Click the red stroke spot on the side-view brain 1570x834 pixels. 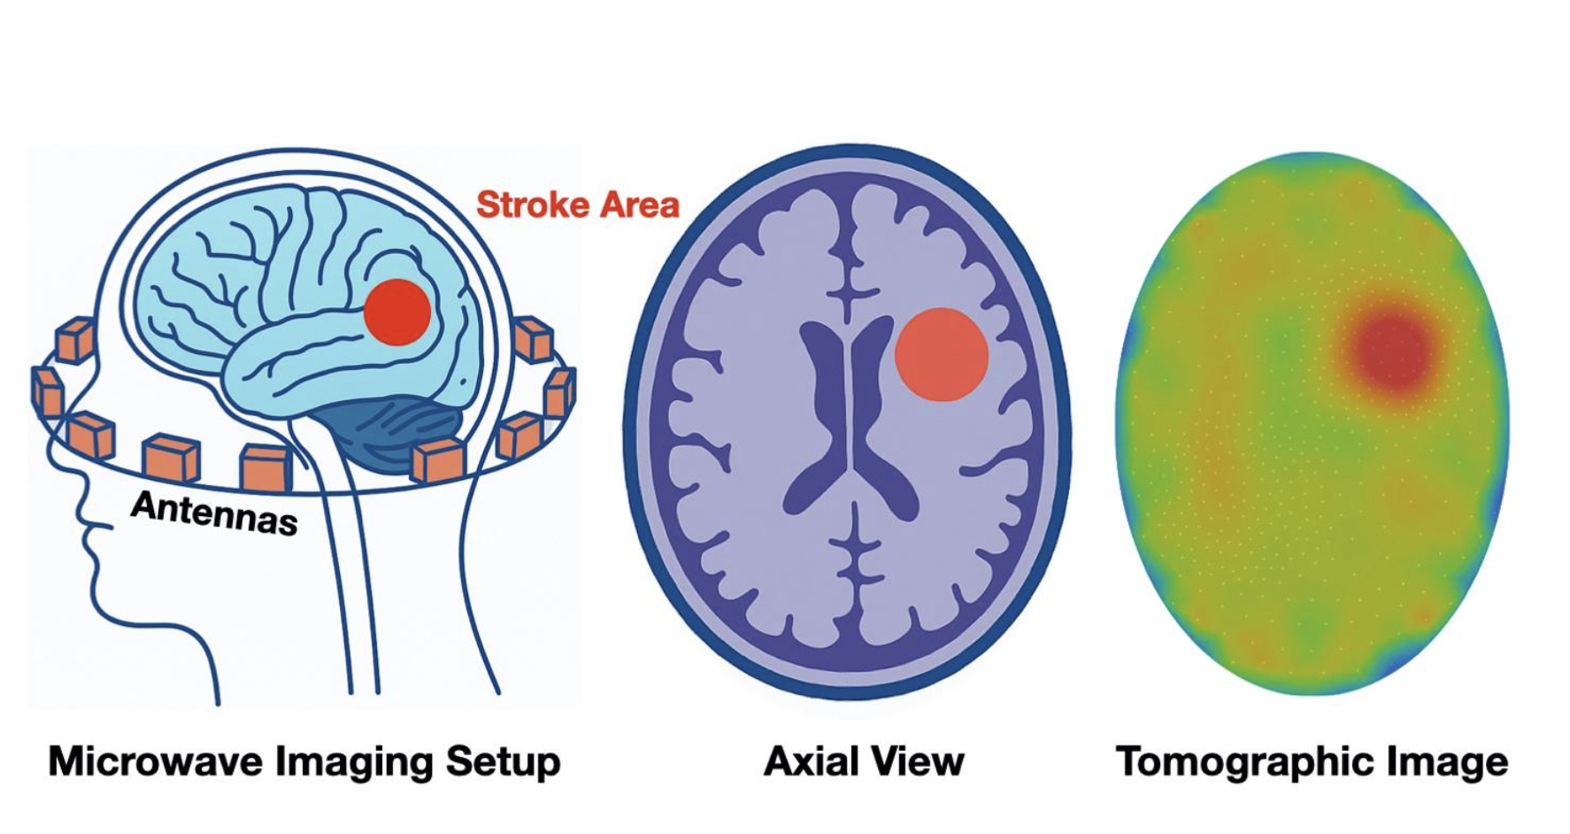click(x=397, y=312)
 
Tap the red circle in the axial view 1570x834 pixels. click(x=941, y=354)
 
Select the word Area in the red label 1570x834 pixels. click(x=639, y=205)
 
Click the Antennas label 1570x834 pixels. click(x=213, y=513)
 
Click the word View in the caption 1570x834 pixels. click(x=920, y=761)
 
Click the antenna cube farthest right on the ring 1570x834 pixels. click(x=560, y=391)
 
